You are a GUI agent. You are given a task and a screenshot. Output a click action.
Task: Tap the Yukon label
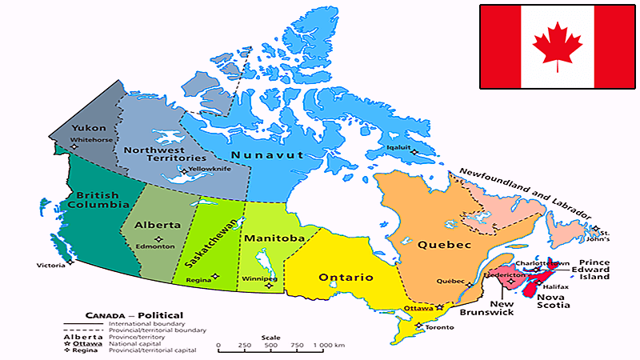coord(88,129)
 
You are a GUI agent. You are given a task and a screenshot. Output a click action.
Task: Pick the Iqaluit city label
coord(398,147)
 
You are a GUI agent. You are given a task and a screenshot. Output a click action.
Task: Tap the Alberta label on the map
coord(158,225)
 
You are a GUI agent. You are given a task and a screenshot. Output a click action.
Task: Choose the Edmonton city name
coord(157,246)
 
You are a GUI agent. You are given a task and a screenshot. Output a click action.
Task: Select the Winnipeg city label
coord(257,279)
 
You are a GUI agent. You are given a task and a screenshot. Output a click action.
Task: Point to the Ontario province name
coord(346,278)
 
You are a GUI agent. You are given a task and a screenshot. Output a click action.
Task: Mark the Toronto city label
coord(436,327)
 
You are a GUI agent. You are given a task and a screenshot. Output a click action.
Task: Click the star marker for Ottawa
coord(439,308)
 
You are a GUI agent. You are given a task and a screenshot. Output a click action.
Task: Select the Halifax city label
coord(558,286)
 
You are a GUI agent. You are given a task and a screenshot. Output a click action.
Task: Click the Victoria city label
coord(50,266)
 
